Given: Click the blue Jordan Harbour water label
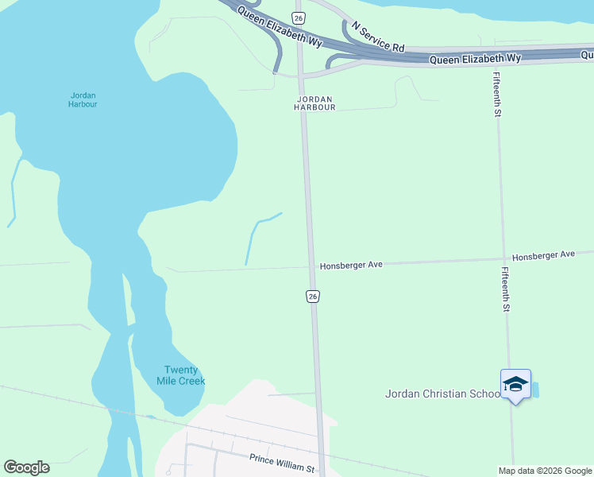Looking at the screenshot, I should [x=83, y=99].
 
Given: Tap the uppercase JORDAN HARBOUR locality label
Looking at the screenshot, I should [x=314, y=103].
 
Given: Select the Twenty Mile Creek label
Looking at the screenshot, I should [x=184, y=375].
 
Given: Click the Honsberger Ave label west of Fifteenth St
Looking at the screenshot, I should [x=351, y=265].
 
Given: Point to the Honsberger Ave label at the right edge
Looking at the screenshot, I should [x=543, y=255].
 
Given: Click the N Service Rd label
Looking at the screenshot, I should [x=378, y=37].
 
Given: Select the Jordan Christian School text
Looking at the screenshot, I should [x=442, y=394].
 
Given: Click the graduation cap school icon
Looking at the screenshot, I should [x=515, y=384].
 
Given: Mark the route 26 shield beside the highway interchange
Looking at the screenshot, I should [x=298, y=17].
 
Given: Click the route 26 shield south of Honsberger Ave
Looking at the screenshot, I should [x=313, y=296].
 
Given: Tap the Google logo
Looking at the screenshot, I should [x=26, y=467].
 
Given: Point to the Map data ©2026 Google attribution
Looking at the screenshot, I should [x=545, y=471].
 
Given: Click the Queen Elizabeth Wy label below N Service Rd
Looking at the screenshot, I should [x=475, y=60].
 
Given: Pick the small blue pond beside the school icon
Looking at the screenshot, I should [x=534, y=390].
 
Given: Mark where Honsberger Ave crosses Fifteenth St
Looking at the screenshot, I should [x=502, y=258].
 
